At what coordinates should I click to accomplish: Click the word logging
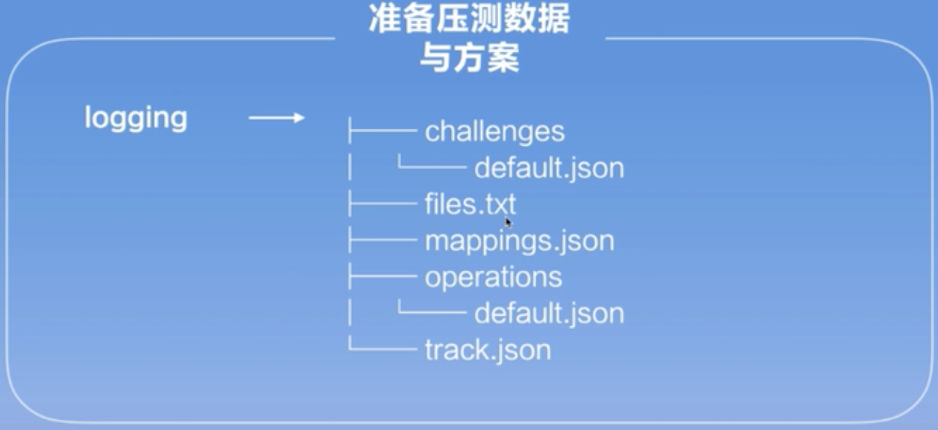[x=135, y=118]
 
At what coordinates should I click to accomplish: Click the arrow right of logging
[x=277, y=118]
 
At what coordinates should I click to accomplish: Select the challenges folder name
[x=494, y=131]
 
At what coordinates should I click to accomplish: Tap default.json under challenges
[x=548, y=168]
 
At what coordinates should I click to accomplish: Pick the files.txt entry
[x=470, y=204]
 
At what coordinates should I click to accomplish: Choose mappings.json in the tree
[x=519, y=241]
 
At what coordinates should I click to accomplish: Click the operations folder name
[x=493, y=277]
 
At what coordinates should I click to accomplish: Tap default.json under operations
[x=548, y=313]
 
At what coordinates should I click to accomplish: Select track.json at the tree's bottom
[x=488, y=350]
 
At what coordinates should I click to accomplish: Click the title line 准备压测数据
[x=469, y=20]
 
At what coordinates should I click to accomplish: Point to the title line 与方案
[x=469, y=59]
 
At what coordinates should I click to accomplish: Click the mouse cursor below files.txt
[x=508, y=223]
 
